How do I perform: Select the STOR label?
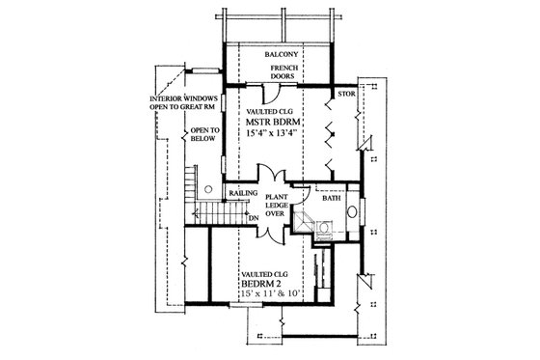[x=345, y=95]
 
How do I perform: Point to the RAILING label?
[x=241, y=194]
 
